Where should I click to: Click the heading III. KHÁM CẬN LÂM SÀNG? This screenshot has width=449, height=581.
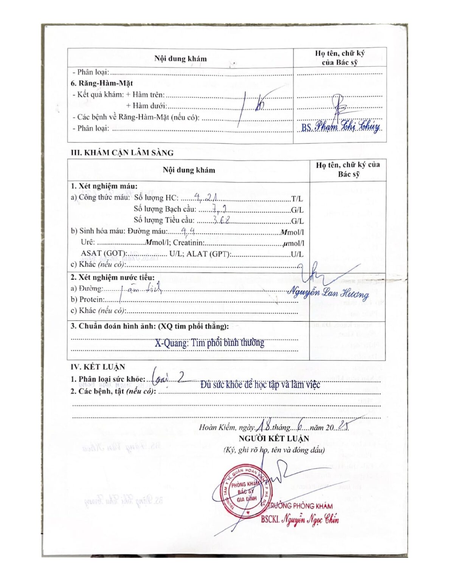tap(122, 153)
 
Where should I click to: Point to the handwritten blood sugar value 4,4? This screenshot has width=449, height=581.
tap(188, 231)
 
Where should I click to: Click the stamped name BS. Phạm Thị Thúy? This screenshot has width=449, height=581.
tap(341, 126)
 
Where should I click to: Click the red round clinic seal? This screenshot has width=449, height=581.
tap(245, 491)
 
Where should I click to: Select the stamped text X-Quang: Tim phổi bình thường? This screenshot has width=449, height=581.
tap(209, 343)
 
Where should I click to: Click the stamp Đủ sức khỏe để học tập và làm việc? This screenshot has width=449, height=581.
tap(260, 385)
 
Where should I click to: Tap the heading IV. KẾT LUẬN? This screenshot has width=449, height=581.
tap(98, 367)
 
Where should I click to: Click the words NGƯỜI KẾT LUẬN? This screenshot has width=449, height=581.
tap(274, 438)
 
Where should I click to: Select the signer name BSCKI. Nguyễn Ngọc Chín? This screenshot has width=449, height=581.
tap(300, 519)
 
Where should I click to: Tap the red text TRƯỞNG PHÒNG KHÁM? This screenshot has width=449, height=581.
tap(300, 506)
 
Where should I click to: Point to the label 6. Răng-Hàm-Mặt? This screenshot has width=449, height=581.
tap(102, 83)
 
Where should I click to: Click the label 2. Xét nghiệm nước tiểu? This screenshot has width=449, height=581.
tap(113, 277)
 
